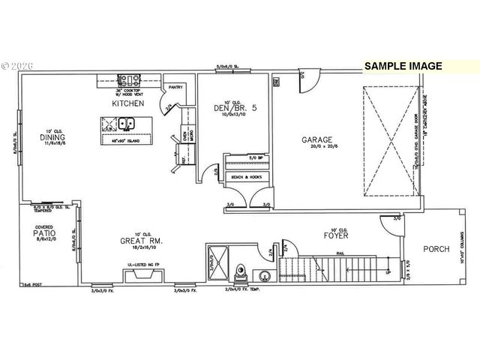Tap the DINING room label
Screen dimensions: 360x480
pyautogui.click(x=50, y=137)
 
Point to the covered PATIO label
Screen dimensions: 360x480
pyautogui.click(x=45, y=234)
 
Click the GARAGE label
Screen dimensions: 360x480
pyautogui.click(x=317, y=139)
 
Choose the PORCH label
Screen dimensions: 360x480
pyautogui.click(x=436, y=249)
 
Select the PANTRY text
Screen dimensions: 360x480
pyautogui.click(x=176, y=88)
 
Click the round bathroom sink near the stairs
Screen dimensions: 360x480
pyautogui.click(x=265, y=275)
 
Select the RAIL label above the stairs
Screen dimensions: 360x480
pyautogui.click(x=338, y=253)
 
